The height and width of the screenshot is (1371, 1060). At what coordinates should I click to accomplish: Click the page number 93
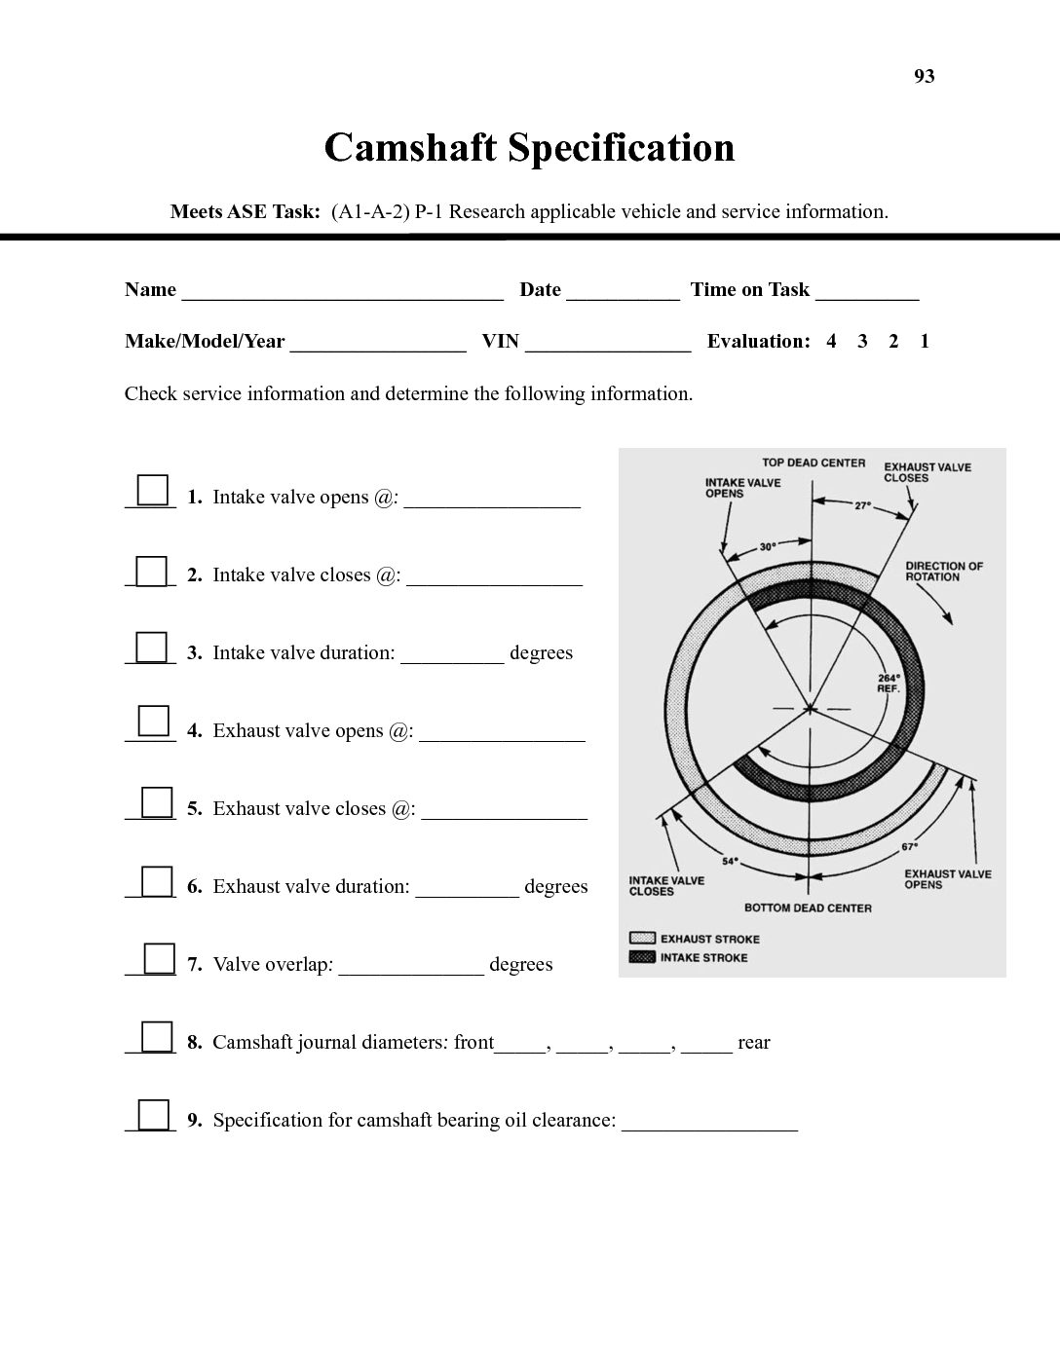coord(924,76)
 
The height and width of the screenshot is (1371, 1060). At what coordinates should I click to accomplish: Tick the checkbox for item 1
coord(152,490)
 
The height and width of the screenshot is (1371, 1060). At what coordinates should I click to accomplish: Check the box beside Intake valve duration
coord(151,647)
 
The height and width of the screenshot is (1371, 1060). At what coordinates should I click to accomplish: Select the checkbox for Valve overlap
coord(159,958)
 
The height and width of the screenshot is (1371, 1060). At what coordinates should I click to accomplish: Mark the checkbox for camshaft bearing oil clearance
coord(153,1114)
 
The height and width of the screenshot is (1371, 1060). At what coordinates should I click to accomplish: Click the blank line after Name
coord(342,290)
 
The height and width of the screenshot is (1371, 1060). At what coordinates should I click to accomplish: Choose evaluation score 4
coord(831,341)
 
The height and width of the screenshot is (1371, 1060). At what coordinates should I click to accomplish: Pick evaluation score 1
coord(925,341)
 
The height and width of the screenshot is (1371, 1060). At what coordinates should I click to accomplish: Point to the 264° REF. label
coord(889,683)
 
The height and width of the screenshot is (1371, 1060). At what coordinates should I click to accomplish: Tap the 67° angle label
coord(910,847)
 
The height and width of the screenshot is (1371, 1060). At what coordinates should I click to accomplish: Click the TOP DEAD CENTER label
coord(814,463)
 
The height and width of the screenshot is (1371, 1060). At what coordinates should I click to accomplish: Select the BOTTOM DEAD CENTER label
coord(808,908)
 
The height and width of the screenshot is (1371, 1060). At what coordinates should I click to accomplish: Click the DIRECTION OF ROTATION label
coord(944,571)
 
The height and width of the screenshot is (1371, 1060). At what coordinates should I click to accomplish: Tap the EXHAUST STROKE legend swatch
coord(642,939)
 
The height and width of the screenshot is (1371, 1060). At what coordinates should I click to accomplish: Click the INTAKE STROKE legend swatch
coord(642,958)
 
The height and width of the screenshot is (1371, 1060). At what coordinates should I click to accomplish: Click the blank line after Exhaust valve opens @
coord(502,732)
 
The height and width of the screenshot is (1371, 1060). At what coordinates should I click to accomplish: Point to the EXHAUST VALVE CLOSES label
coord(927,472)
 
